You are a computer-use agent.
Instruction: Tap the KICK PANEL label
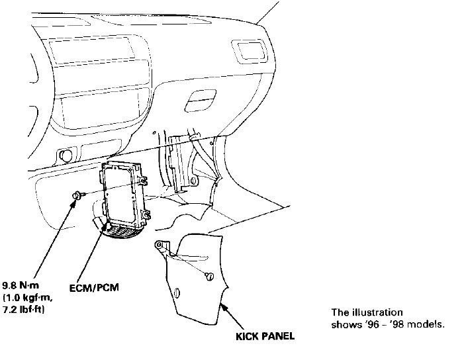[265, 336]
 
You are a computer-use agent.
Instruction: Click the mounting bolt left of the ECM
[77, 194]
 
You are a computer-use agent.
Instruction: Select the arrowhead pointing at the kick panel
[223, 306]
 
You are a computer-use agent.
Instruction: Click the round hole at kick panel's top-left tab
[159, 245]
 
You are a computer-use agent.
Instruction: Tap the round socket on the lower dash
[66, 156]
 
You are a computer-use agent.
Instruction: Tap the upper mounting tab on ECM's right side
[142, 178]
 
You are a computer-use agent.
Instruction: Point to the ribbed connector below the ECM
[122, 232]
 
